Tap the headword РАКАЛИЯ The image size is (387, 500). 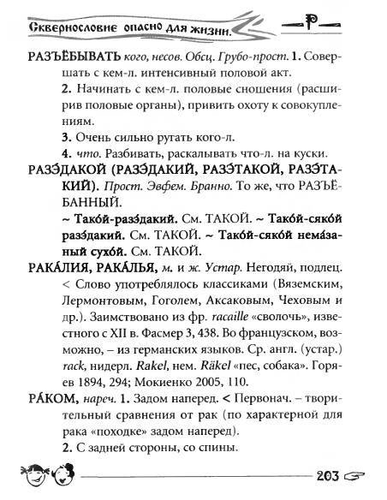(x=59, y=268)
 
